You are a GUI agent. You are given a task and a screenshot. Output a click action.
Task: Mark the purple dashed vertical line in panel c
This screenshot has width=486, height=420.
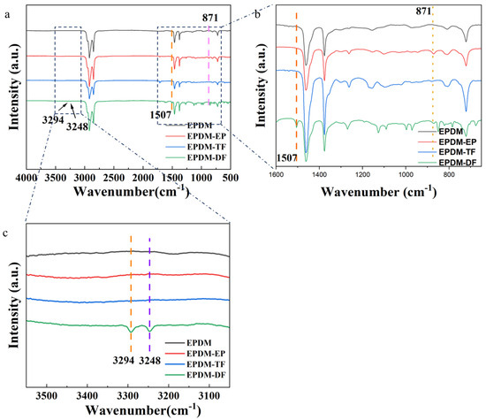[x=149, y=283]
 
